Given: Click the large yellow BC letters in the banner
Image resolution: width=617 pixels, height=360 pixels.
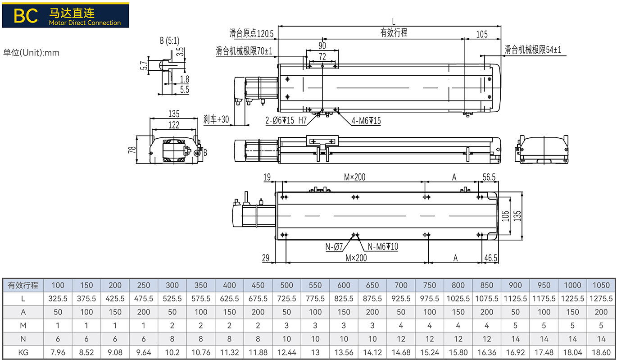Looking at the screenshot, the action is click(x=26, y=16).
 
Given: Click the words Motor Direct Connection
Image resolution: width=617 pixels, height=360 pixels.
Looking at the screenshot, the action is click(x=85, y=23).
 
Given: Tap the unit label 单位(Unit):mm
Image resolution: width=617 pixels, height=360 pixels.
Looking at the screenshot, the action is click(x=31, y=53).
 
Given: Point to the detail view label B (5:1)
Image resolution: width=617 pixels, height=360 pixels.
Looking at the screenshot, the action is click(x=170, y=41).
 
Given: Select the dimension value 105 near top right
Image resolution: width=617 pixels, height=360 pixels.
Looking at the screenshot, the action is click(x=482, y=34).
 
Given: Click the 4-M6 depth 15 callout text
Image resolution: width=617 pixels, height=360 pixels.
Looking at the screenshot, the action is click(x=366, y=121).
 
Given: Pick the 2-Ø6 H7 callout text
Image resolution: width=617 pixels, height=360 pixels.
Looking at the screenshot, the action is click(x=286, y=120).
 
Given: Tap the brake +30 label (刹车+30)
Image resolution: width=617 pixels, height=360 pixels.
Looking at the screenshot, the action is click(x=216, y=119).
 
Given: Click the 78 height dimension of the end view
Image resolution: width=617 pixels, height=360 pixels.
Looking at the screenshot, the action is click(x=132, y=150).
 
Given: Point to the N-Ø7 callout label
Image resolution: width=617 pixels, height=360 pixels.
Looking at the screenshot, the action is click(x=334, y=247).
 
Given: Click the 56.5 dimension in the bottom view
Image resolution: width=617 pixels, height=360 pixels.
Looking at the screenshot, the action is click(x=489, y=177).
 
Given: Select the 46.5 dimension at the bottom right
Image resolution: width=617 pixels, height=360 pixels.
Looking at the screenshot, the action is click(x=491, y=258).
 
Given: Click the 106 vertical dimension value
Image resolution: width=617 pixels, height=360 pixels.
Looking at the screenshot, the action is click(x=505, y=216).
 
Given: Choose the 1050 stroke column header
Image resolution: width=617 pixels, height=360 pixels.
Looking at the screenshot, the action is click(x=601, y=285).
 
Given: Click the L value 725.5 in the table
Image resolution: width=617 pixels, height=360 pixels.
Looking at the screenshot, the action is click(x=286, y=299).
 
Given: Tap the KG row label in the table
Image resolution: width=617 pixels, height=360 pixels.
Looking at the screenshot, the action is click(x=23, y=352).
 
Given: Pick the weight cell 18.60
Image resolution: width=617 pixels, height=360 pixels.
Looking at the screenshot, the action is click(x=601, y=352).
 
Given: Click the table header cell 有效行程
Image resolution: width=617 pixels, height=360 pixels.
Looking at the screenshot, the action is click(x=23, y=285).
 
